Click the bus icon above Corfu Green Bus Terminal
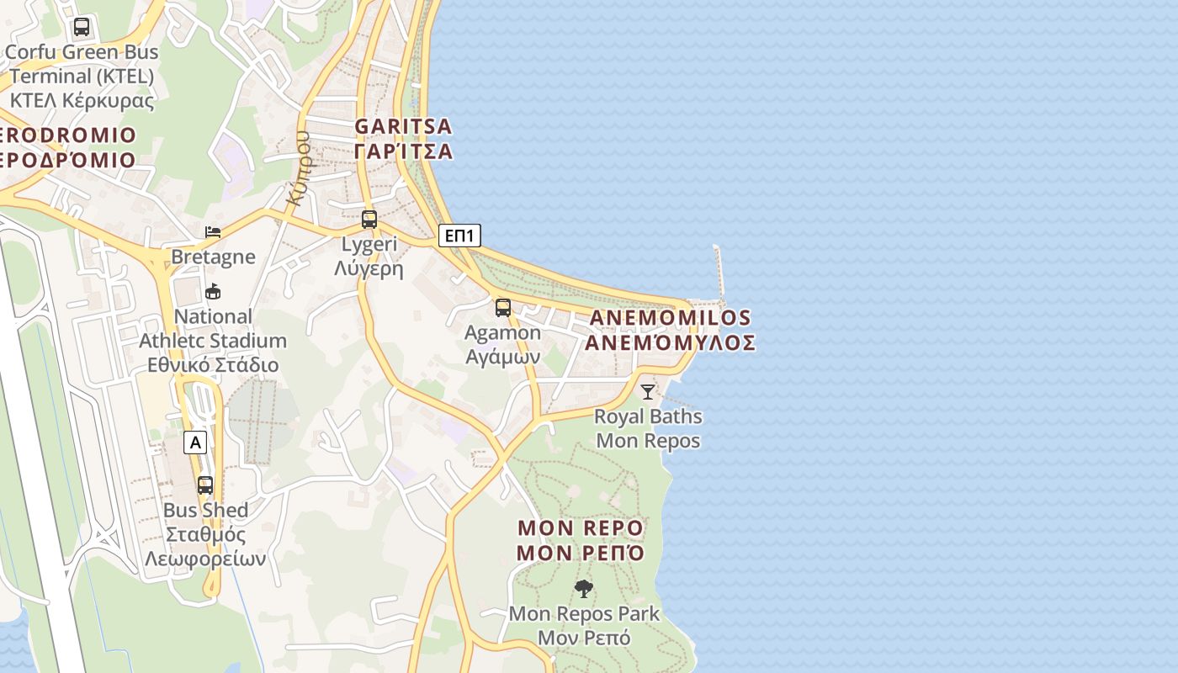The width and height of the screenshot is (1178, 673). [x=81, y=27]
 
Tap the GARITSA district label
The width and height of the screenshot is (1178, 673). [x=403, y=126]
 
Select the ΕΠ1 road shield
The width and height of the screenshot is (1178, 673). [x=459, y=236]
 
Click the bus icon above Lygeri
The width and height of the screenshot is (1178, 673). [x=369, y=220]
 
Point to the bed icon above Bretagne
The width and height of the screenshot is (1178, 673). [x=213, y=231]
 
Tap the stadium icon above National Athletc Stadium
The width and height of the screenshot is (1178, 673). [x=213, y=292]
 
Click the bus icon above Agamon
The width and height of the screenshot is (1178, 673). [x=502, y=308]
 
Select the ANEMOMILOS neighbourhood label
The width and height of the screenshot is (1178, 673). [x=670, y=318]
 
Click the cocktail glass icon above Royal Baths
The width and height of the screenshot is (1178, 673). [x=647, y=391]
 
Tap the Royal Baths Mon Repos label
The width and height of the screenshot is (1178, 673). [x=648, y=428]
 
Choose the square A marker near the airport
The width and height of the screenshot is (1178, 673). [x=195, y=442]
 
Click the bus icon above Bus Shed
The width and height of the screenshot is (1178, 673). [x=205, y=485]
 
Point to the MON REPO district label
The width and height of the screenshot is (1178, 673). [x=581, y=528]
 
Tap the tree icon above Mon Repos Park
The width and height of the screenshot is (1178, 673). [x=584, y=588]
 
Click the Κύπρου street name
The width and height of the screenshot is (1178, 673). [x=299, y=168]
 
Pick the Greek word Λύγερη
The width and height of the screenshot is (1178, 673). [x=369, y=269]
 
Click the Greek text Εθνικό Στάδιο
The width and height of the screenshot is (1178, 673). [x=213, y=365]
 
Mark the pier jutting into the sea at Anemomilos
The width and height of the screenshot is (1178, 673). [x=719, y=273]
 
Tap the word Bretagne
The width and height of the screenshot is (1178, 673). [x=213, y=257]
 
